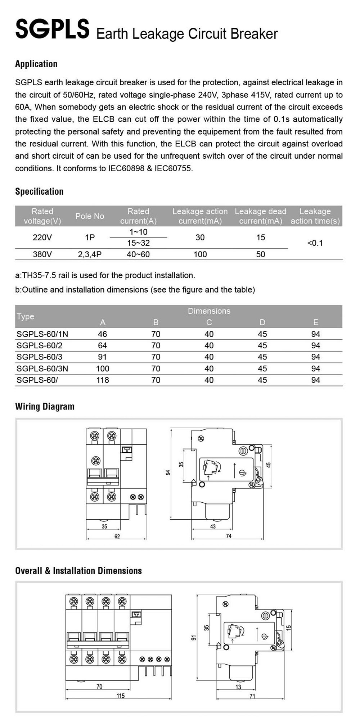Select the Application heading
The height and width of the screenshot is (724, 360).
[36, 64]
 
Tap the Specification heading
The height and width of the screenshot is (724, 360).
[39, 191]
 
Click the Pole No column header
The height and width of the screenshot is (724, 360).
[90, 216]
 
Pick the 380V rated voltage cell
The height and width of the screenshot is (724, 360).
[42, 254]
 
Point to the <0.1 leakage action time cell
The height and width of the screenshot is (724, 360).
[315, 243]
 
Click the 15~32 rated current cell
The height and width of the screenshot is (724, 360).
[138, 243]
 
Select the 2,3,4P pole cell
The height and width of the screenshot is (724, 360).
[90, 254]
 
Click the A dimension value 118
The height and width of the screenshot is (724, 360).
[103, 380]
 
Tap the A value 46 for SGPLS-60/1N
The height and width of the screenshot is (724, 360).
[102, 334]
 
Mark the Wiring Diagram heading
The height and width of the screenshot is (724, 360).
[45, 407]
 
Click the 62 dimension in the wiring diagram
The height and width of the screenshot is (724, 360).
[117, 537]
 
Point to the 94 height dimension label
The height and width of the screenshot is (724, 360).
[167, 472]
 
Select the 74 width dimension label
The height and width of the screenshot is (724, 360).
[229, 536]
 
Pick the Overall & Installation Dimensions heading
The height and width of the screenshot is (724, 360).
[78, 571]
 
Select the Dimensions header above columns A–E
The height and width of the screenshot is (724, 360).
[209, 311]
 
